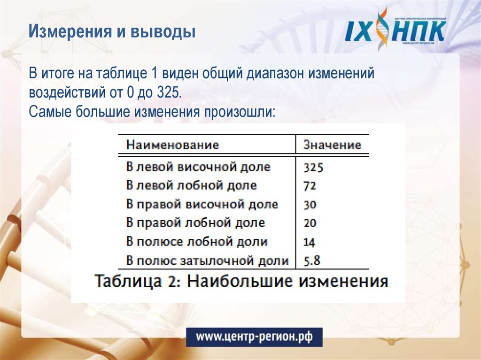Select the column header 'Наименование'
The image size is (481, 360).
(x=172, y=145)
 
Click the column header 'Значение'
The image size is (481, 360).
(x=332, y=145)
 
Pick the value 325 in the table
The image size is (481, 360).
(x=314, y=168)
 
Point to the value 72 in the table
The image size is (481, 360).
(x=310, y=186)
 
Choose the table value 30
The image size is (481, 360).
(x=310, y=205)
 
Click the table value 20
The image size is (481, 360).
(x=310, y=223)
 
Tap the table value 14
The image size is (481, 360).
(x=309, y=242)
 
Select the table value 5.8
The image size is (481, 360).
(x=312, y=261)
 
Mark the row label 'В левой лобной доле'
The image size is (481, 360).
(x=191, y=185)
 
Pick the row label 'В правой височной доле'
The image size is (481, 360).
(x=202, y=205)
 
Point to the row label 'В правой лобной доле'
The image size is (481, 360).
(x=195, y=223)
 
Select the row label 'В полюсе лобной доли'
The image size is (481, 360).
(x=196, y=242)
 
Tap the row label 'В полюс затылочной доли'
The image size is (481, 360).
(x=207, y=260)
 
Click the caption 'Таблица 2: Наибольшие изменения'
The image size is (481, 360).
(x=241, y=282)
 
